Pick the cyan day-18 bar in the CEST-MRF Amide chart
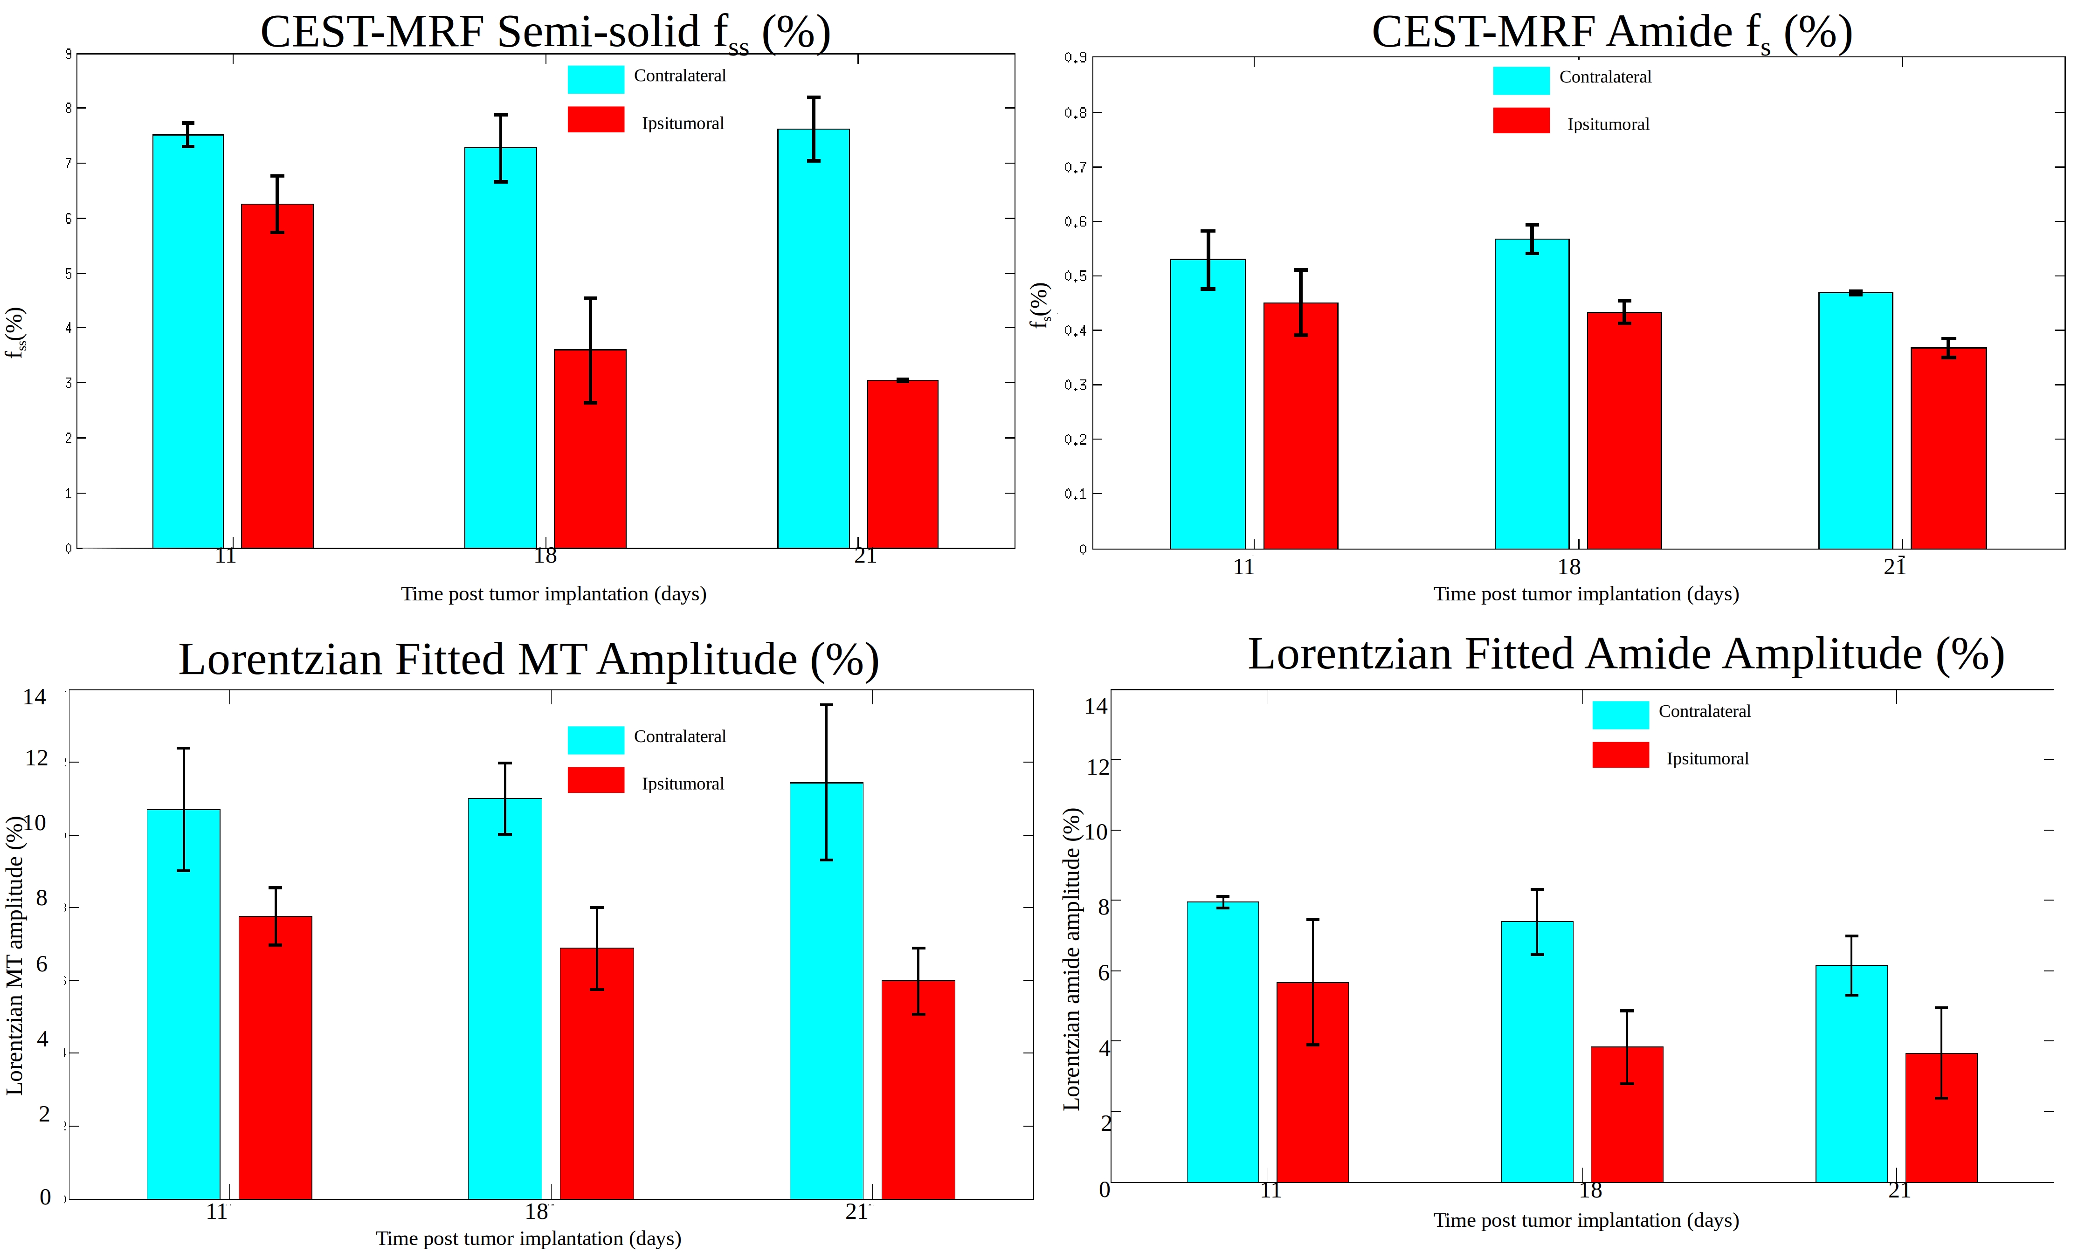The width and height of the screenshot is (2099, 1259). pyautogui.click(x=1532, y=394)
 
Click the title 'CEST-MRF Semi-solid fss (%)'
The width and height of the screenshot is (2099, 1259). pyautogui.click(x=545, y=32)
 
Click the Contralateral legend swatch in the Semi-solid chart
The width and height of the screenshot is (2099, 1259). pyautogui.click(x=595, y=79)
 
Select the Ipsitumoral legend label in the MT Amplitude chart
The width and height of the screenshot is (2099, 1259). pyautogui.click(x=682, y=784)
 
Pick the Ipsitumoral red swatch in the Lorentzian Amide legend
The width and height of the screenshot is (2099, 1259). pyautogui.click(x=1620, y=755)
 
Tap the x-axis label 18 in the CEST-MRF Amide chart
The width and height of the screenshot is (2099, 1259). pyautogui.click(x=1569, y=568)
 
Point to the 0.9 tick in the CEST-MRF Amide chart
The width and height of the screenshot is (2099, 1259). pyautogui.click(x=1076, y=58)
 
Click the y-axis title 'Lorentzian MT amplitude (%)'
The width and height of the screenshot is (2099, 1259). pyautogui.click(x=14, y=955)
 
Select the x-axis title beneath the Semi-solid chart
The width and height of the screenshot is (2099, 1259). pyautogui.click(x=553, y=594)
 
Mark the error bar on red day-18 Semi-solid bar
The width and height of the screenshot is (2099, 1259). pyautogui.click(x=590, y=350)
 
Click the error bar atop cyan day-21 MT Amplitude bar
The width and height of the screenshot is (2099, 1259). pyautogui.click(x=826, y=782)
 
